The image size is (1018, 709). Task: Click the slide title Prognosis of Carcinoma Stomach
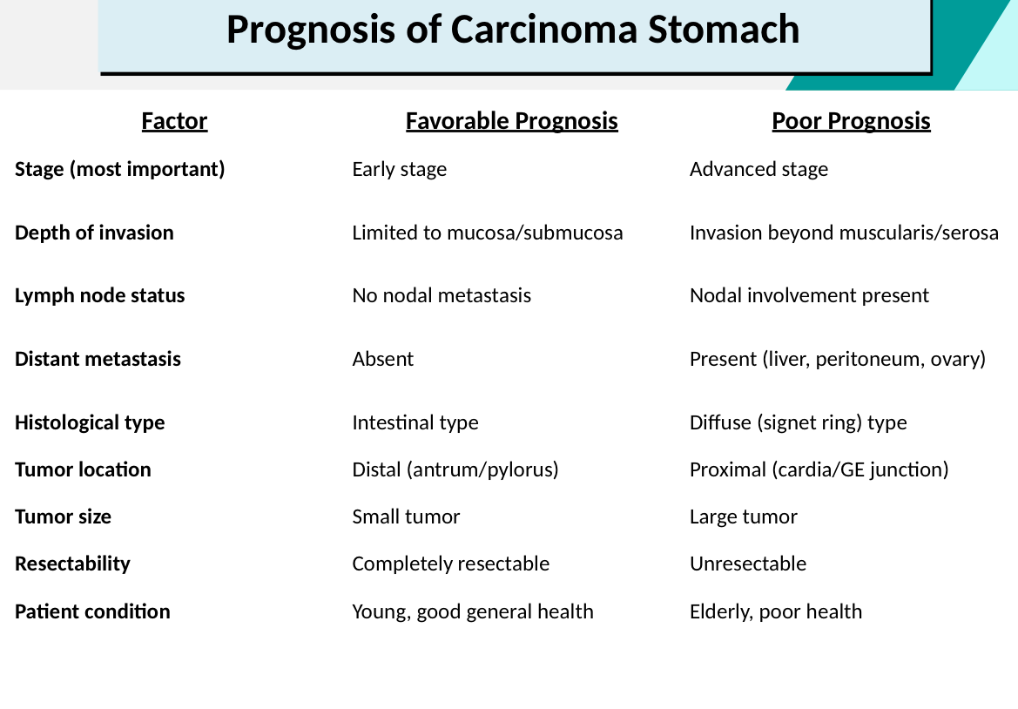pyautogui.click(x=513, y=30)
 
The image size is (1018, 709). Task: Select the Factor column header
pyautogui.click(x=175, y=121)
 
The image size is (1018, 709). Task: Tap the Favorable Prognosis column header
pyautogui.click(x=511, y=121)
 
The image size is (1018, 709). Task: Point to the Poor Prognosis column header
pyautogui.click(x=851, y=121)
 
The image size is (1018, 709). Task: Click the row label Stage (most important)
pyautogui.click(x=120, y=169)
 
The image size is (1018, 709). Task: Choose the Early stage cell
pyautogui.click(x=400, y=170)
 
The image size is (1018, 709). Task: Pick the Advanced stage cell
pyautogui.click(x=759, y=170)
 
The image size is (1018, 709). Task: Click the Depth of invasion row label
pyautogui.click(x=94, y=233)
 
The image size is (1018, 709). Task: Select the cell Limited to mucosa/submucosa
pyautogui.click(x=488, y=233)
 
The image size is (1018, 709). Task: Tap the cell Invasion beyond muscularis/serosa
pyautogui.click(x=844, y=233)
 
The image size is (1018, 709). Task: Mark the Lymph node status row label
pyautogui.click(x=100, y=295)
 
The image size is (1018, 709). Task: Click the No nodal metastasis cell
pyautogui.click(x=442, y=295)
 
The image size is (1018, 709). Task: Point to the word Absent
pyautogui.click(x=383, y=359)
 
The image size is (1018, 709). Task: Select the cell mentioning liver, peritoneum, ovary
pyautogui.click(x=838, y=359)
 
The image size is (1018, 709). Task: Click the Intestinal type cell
pyautogui.click(x=415, y=422)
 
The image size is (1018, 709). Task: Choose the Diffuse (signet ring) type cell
pyautogui.click(x=798, y=422)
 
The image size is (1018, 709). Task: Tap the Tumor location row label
pyautogui.click(x=83, y=469)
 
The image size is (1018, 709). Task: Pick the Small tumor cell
pyautogui.click(x=406, y=517)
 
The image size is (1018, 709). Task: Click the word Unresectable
pyautogui.click(x=748, y=564)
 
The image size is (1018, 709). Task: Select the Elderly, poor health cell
pyautogui.click(x=776, y=611)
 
